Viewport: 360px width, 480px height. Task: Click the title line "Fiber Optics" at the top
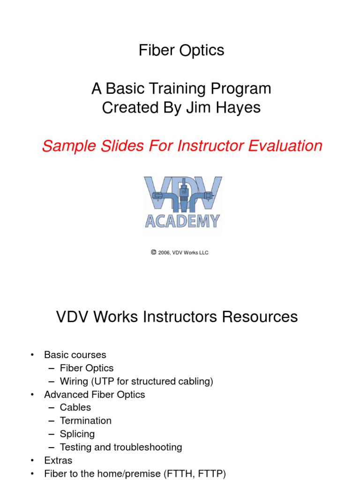(181, 51)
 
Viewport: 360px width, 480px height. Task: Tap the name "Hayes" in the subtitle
(240, 108)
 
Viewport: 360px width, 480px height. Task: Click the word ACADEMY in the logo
(182, 220)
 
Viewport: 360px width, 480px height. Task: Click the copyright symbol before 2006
(153, 252)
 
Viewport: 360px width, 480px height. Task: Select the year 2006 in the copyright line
(164, 253)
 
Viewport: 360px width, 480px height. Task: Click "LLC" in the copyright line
(203, 253)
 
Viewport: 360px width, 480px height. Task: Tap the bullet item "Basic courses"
(75, 355)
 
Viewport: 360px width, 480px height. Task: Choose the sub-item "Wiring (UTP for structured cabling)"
(136, 382)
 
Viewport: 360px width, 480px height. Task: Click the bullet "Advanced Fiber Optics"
(95, 395)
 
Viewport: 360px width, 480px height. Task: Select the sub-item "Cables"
(75, 408)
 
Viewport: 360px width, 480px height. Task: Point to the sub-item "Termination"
(86, 421)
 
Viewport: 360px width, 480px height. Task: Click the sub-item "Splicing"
(77, 434)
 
